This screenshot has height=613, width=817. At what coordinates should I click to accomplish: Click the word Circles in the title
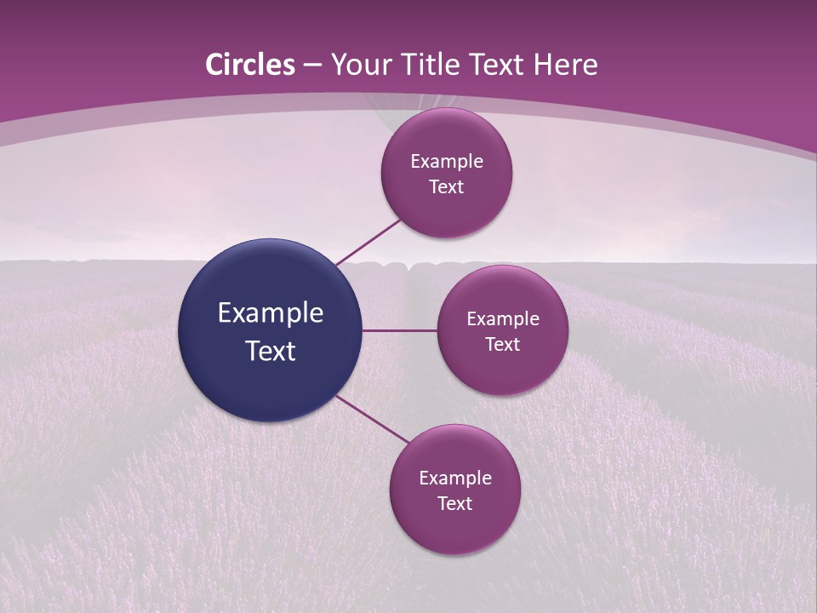click(x=249, y=65)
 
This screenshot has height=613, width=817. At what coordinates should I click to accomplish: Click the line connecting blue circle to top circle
click(x=368, y=242)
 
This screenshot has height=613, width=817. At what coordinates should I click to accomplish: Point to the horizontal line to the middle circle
click(x=399, y=330)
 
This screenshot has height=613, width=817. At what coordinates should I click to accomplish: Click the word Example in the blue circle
click(x=271, y=313)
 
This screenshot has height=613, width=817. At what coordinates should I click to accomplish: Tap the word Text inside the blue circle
click(x=271, y=351)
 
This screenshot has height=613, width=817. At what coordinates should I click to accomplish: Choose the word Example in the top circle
click(x=447, y=162)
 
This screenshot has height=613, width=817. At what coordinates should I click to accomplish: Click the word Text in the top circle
click(x=447, y=187)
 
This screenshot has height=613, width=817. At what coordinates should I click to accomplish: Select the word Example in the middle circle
click(x=503, y=319)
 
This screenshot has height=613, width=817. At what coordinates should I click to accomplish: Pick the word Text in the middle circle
click(x=503, y=345)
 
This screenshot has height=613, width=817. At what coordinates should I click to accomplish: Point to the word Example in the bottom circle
click(x=455, y=478)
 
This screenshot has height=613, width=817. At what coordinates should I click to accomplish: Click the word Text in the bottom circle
click(x=455, y=504)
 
